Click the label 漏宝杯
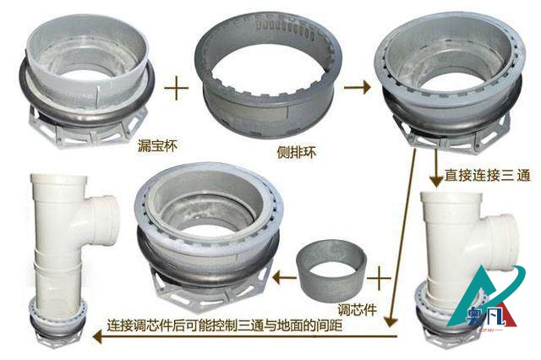(157, 145)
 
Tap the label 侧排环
(297, 152)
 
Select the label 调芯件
(357, 309)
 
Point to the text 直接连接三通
(487, 175)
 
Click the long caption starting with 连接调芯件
(225, 325)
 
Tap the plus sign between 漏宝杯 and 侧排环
(177, 88)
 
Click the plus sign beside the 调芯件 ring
(379, 278)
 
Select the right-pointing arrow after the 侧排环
(358, 87)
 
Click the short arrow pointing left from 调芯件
(285, 277)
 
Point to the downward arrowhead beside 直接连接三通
(436, 181)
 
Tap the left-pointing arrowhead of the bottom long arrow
(98, 336)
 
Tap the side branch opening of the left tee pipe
(109, 221)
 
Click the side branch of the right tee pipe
(500, 238)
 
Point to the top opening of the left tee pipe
(58, 178)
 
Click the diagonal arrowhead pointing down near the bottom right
(391, 321)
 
